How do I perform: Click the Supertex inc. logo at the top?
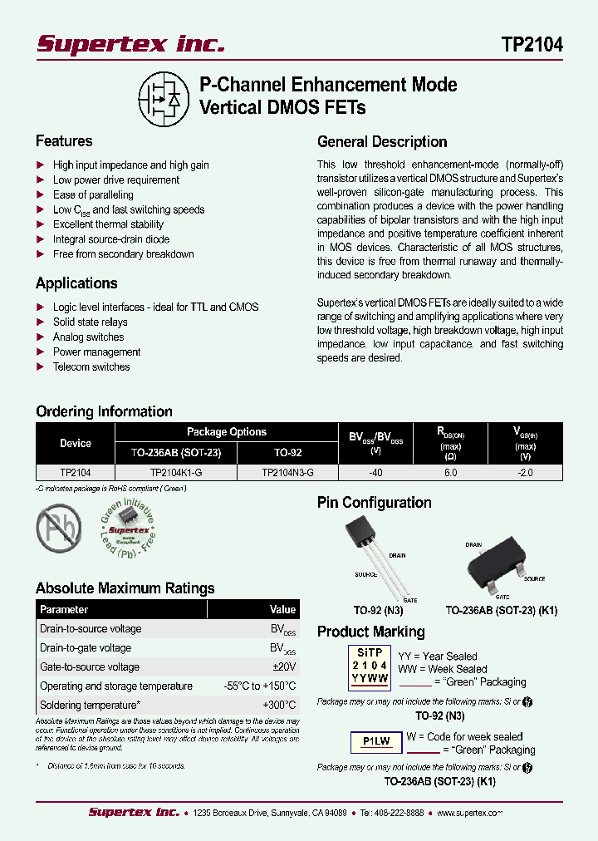point(130,43)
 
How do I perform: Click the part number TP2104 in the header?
point(532,45)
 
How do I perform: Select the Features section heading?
point(64,141)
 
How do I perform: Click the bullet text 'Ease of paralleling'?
point(93,194)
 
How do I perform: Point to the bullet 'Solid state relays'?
point(91,322)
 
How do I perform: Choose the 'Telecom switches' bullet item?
point(91,367)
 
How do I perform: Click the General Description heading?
point(382,142)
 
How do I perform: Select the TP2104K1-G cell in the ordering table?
point(175,472)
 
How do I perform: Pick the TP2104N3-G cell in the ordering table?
point(287,472)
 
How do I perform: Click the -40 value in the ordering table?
point(375,472)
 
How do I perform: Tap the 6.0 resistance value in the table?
point(450,472)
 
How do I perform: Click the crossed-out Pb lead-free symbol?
point(59,526)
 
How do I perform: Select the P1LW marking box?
point(370,740)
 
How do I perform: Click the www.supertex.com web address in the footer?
point(466,812)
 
